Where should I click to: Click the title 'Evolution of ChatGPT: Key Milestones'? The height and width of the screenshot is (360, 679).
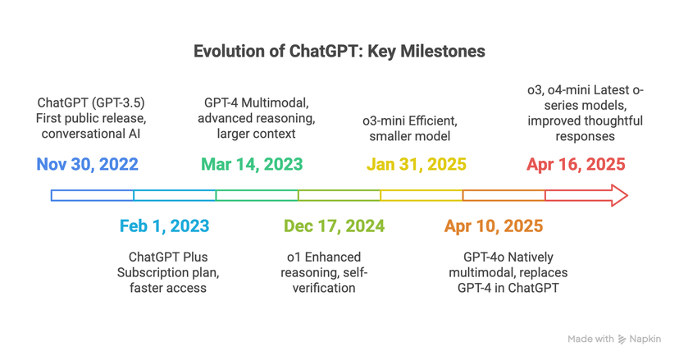[x=339, y=52]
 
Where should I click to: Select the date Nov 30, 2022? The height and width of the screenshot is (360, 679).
[x=87, y=164]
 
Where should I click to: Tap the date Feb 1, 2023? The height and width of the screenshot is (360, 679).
[x=164, y=226]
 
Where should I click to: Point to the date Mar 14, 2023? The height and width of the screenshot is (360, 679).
[x=252, y=164]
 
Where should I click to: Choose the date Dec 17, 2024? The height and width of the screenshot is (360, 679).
[x=334, y=226]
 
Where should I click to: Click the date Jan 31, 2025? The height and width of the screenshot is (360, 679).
[x=416, y=164]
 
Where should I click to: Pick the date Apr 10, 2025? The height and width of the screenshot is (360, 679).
[x=494, y=226]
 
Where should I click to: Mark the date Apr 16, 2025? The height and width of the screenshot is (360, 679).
[x=576, y=164]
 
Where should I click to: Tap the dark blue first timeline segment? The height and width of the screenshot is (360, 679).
[x=92, y=195]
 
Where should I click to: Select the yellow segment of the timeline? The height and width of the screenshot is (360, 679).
[x=422, y=195]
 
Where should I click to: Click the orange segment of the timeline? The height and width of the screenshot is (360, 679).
[x=504, y=195]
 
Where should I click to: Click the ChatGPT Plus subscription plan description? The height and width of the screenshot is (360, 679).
[x=168, y=272]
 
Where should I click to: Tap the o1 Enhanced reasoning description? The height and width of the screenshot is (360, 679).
[x=328, y=272]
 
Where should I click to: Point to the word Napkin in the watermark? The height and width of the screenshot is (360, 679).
[x=648, y=339]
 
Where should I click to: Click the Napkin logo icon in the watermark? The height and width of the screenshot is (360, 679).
[x=622, y=339]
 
